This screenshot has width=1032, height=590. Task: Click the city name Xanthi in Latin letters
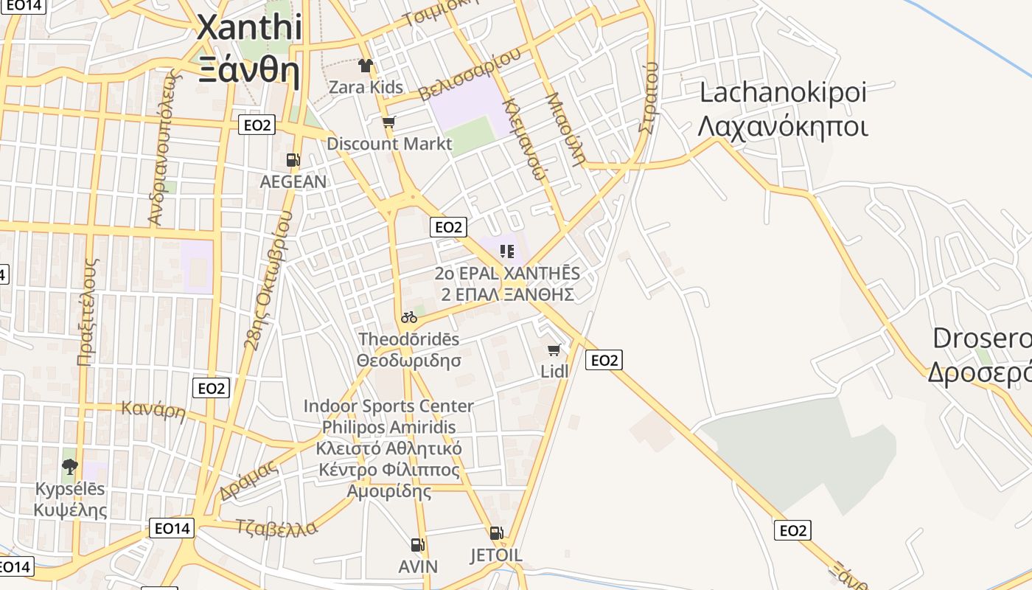(x=249, y=28)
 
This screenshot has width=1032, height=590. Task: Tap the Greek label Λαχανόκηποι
(x=782, y=127)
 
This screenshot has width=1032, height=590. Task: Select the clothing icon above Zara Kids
(x=366, y=66)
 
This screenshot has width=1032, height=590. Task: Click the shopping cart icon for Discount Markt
(x=388, y=122)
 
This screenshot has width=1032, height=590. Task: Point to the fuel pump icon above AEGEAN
(x=293, y=159)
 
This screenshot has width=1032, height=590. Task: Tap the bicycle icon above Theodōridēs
(x=409, y=317)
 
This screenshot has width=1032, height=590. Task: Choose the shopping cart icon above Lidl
(x=554, y=350)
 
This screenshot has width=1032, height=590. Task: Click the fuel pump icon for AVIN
(x=418, y=545)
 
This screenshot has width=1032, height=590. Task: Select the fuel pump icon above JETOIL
(x=496, y=533)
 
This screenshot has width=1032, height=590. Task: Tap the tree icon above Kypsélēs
(x=70, y=466)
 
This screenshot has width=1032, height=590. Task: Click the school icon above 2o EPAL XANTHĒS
(x=506, y=251)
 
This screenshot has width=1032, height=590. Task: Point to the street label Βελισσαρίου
(x=470, y=74)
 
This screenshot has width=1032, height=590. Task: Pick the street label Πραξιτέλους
(x=88, y=311)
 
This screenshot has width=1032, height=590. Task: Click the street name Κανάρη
(x=153, y=409)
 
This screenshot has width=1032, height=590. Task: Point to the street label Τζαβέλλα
(x=276, y=528)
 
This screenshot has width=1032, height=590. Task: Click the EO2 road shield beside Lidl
(x=604, y=360)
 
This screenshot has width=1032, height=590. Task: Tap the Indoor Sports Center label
(x=388, y=406)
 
